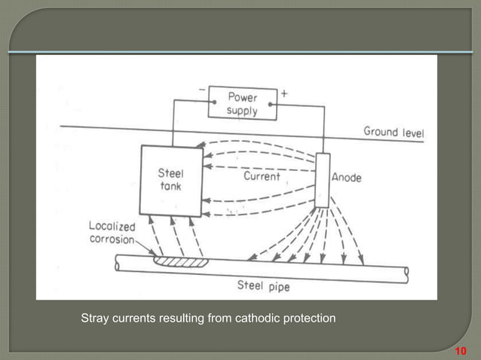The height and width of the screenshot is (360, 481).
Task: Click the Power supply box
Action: (x=242, y=104)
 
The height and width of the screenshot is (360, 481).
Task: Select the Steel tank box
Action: (x=172, y=181)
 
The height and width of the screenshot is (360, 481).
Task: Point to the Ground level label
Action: (x=394, y=133)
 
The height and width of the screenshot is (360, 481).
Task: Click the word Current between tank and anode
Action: (x=262, y=176)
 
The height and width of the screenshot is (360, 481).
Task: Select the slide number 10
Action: (x=461, y=351)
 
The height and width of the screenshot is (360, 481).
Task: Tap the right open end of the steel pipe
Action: (x=406, y=271)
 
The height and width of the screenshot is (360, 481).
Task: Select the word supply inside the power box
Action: (x=242, y=111)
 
